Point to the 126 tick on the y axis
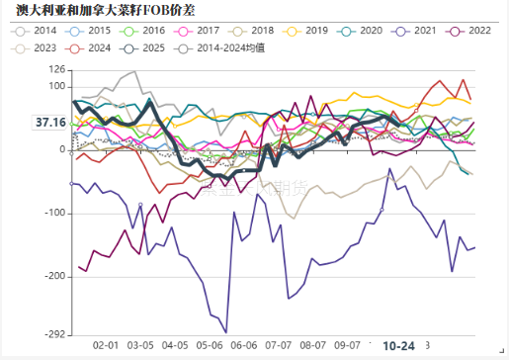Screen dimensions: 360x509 point(56,70)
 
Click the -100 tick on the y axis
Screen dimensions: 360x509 point(53,214)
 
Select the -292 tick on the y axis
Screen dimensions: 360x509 point(53,334)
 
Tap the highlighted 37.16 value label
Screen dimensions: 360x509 point(49,123)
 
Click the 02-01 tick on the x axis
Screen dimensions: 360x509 point(106,345)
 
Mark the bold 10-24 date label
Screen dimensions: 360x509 point(398,345)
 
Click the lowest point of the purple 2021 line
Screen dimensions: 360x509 point(226,332)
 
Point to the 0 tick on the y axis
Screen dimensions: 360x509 point(62,150)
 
